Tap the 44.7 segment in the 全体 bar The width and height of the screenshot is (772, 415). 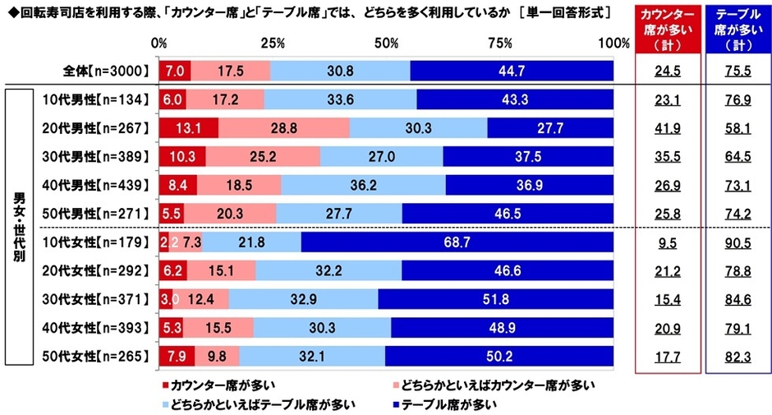[511, 71]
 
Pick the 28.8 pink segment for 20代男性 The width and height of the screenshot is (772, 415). [283, 129]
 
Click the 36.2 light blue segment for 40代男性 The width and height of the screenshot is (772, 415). [363, 186]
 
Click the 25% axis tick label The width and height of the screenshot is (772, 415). [273, 43]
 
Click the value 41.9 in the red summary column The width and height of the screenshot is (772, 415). [669, 129]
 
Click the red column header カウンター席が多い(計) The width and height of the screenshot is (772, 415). [669, 30]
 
